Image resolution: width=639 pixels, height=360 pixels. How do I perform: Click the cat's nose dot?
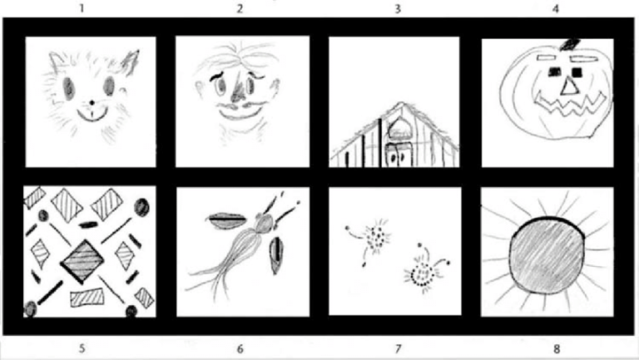click(92, 102)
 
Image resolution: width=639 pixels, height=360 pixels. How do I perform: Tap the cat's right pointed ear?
click(131, 62)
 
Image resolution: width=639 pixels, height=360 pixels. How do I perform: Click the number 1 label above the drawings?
click(82, 7)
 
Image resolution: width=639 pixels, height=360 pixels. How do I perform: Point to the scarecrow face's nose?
click(238, 91)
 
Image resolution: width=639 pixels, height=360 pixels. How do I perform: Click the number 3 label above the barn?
click(398, 8)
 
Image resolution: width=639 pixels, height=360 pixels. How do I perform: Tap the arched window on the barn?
click(398, 127)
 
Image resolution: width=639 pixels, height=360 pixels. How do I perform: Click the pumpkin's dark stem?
click(570, 44)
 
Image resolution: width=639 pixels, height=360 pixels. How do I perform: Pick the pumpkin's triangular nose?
click(570, 86)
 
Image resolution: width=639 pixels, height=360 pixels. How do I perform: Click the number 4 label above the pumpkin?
click(556, 8)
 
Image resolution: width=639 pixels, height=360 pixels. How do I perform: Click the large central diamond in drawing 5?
click(82, 260)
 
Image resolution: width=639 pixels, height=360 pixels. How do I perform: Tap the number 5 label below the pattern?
click(82, 348)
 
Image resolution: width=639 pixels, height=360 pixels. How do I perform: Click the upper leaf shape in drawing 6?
click(227, 220)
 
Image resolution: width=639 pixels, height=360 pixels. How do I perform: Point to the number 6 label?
click(240, 348)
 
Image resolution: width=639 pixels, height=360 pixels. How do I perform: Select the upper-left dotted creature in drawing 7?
click(371, 239)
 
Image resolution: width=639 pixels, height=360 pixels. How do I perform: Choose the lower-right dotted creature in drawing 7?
click(424, 269)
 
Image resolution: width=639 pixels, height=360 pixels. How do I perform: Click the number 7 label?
click(399, 348)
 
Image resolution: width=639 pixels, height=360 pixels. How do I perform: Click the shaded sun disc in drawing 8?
click(547, 255)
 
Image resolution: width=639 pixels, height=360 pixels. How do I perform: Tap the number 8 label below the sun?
click(557, 348)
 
